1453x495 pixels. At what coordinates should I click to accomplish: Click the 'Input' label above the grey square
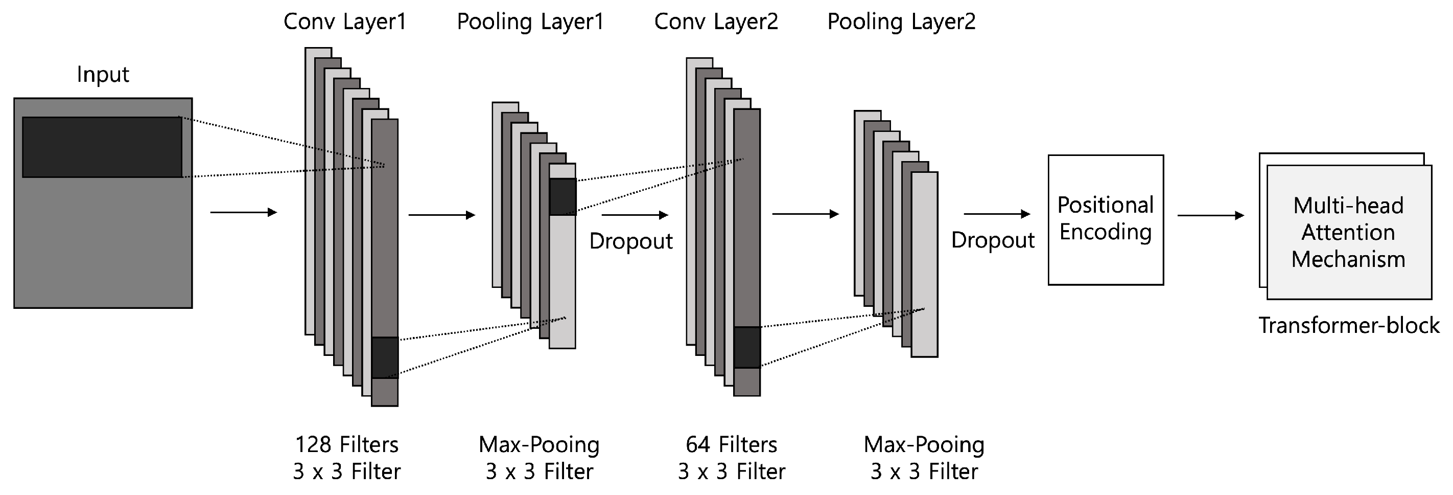[x=103, y=75]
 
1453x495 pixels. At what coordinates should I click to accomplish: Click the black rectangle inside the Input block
[x=102, y=147]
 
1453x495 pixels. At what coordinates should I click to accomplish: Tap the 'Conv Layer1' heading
[x=345, y=22]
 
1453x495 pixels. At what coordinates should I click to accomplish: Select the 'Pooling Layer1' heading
[x=530, y=22]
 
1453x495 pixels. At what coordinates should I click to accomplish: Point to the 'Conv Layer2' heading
[x=716, y=22]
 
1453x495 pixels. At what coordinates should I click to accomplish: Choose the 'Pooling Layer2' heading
[x=901, y=22]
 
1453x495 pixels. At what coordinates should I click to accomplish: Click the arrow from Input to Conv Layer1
[x=243, y=212]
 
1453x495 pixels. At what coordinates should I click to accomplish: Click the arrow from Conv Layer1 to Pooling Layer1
[x=441, y=214]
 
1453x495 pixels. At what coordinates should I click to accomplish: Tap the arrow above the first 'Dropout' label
[x=635, y=214]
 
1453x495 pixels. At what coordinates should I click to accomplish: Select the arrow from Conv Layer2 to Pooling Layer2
[x=805, y=214]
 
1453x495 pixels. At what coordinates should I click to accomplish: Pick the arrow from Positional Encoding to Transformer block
[x=1210, y=215]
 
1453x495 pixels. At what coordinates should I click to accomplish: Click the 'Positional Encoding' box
[x=1106, y=219]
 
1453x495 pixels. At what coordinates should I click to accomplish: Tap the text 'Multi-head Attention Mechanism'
[x=1348, y=233]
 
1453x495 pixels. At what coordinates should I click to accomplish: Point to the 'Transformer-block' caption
[x=1349, y=326]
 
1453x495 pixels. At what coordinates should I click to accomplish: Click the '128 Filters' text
[x=346, y=445]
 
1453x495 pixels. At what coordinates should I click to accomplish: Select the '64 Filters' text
[x=731, y=445]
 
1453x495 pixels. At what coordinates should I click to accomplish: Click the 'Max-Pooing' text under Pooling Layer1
[x=538, y=445]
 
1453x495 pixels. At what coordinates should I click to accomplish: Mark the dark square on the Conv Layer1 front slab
[x=385, y=358]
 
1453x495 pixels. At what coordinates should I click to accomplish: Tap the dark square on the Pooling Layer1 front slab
[x=563, y=196]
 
